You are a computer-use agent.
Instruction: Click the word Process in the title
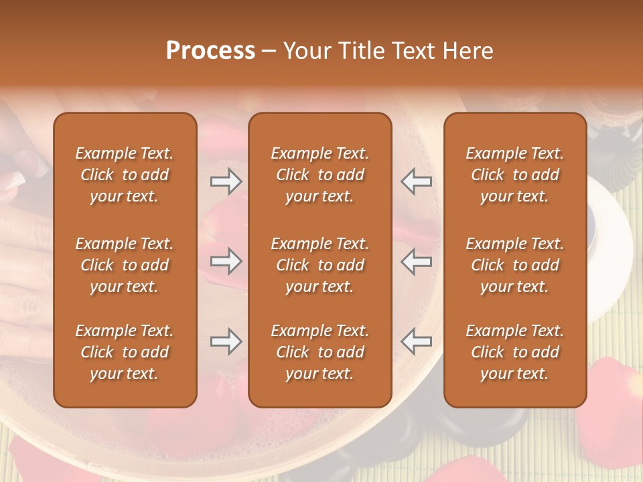(210, 51)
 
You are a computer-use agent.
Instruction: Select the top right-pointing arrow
(226, 181)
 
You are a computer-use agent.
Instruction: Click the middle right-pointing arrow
(226, 261)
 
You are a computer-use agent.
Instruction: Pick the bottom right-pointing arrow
(226, 342)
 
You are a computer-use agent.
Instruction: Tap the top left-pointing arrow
(416, 181)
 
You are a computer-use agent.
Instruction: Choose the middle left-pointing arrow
(416, 261)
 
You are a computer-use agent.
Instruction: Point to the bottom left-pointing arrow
(416, 342)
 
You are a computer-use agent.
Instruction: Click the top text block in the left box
(125, 175)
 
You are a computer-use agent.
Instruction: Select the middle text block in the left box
(125, 265)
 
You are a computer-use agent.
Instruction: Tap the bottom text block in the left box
(125, 352)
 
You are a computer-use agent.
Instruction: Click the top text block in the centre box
(320, 175)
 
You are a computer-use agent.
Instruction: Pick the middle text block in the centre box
(320, 265)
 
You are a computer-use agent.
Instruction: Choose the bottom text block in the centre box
(320, 352)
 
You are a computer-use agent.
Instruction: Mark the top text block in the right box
(515, 175)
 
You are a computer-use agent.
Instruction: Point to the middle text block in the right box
(515, 265)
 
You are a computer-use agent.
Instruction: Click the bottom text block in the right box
(515, 352)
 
